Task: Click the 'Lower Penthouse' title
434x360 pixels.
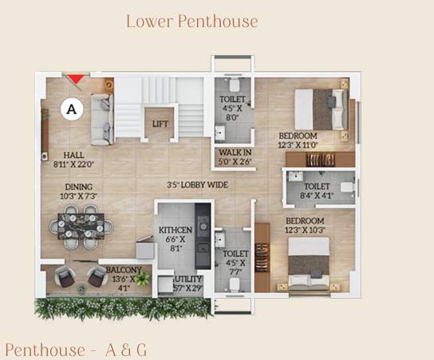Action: [191, 22]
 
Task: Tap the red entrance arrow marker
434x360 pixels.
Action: [75, 78]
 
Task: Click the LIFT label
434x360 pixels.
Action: [160, 125]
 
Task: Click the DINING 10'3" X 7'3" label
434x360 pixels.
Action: [79, 192]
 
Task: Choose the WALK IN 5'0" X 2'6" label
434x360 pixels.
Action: [235, 156]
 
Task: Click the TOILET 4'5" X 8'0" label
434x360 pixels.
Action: [234, 109]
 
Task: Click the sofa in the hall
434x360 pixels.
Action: [101, 119]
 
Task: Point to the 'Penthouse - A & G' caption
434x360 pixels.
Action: [76, 349]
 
